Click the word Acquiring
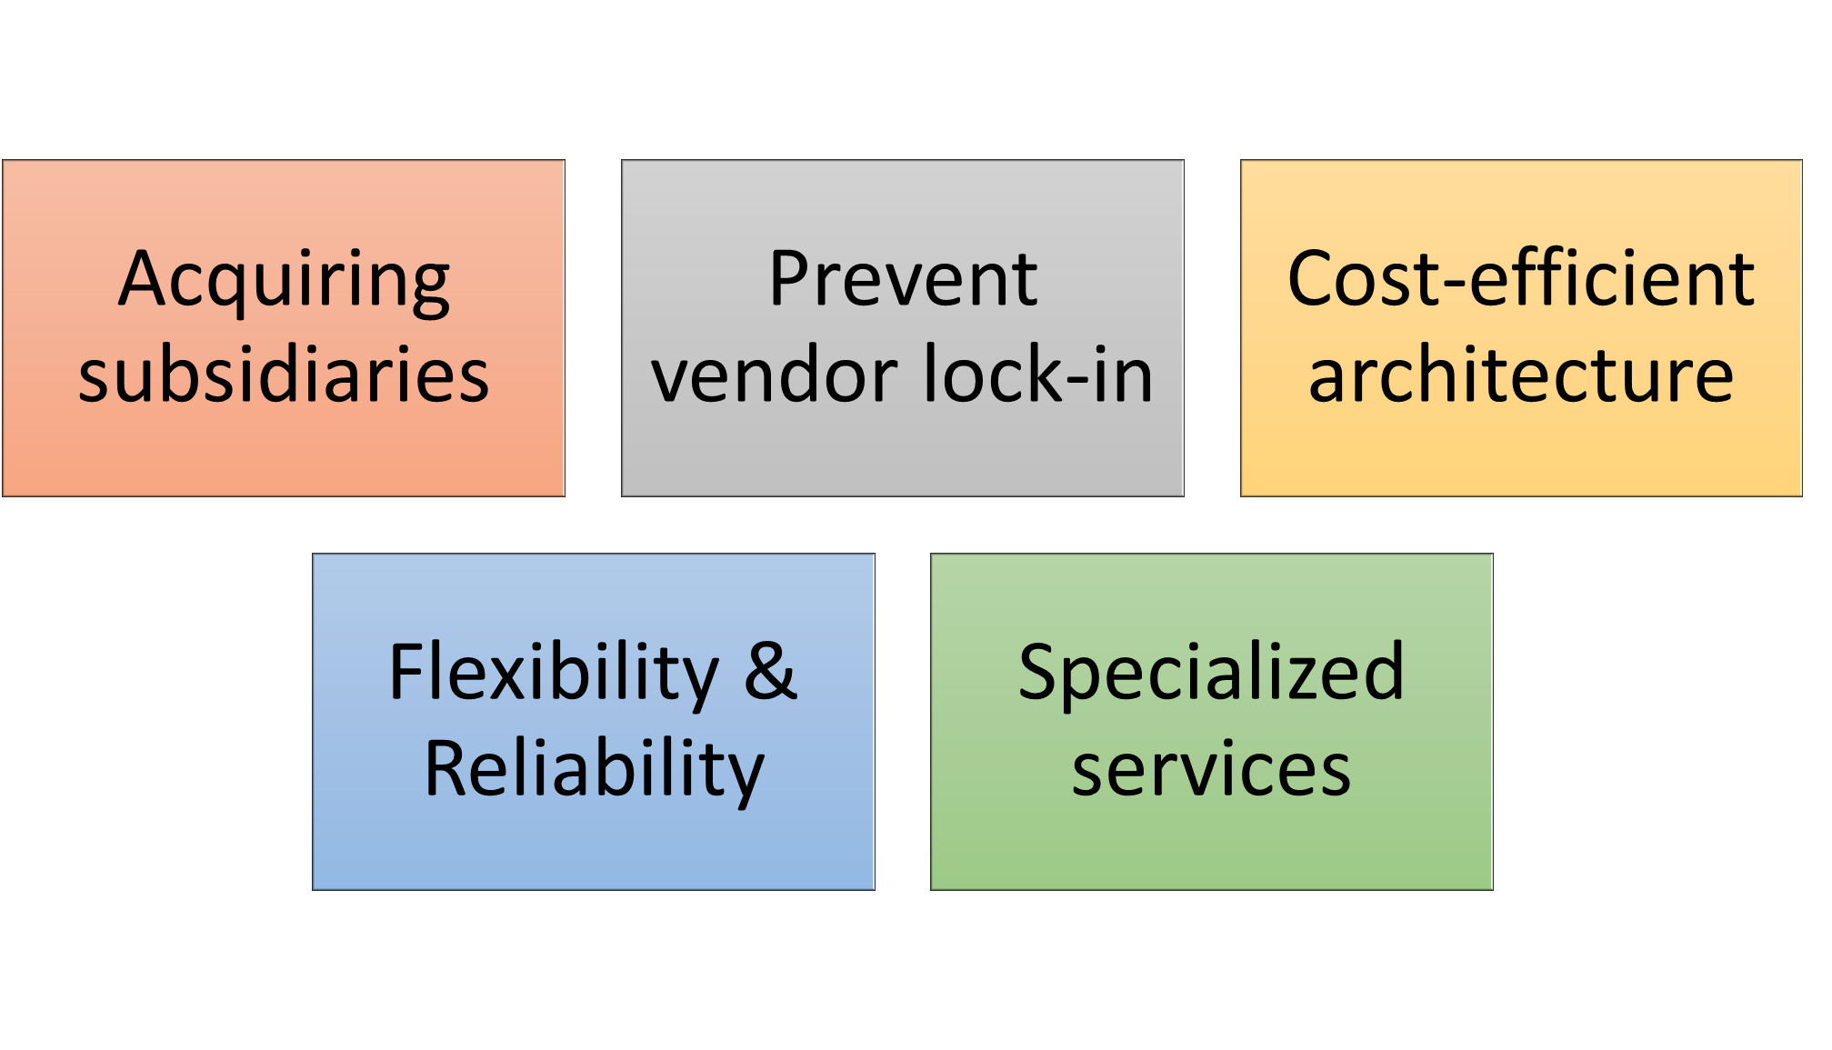[284, 280]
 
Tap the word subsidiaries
[284, 375]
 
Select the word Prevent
[903, 279]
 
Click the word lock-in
[1038, 375]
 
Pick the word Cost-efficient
[1521, 279]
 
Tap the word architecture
[1521, 375]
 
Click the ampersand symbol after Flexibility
[770, 672]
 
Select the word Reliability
[594, 770]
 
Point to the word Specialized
[1211, 674]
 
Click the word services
[1211, 770]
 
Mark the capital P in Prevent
[788, 279]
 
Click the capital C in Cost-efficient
[1313, 279]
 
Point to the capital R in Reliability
[448, 768]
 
